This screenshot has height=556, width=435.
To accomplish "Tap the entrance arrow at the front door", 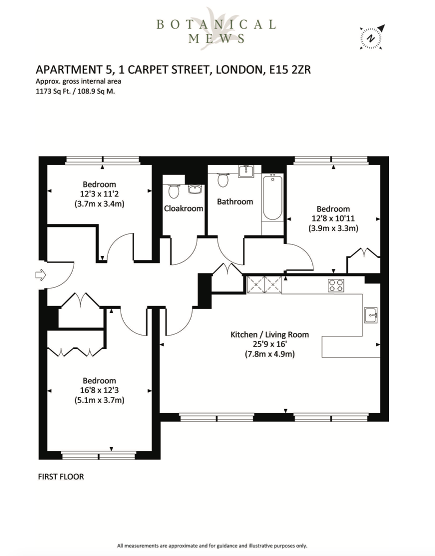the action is pos(41,275).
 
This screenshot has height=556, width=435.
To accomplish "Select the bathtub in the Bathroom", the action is pos(273,197).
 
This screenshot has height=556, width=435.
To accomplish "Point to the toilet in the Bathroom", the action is pos(223,179).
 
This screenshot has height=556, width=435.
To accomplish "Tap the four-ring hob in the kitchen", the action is pos(336,285).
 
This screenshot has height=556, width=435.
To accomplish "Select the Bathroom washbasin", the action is pos(246,171).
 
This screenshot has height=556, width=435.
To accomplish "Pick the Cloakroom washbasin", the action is pos(195,189).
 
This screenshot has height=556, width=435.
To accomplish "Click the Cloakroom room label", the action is pos(184,208).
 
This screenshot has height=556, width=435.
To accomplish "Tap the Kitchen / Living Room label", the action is pos(269,334).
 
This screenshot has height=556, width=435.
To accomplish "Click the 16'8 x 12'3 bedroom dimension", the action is pos(100,390).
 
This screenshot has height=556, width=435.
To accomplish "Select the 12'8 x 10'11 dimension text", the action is pos(333,218).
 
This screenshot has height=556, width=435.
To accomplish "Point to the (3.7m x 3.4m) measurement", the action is pos(100,204).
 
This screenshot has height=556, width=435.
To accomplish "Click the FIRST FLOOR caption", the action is pos(61,476).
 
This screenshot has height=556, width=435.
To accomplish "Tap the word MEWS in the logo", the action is pos(217,38).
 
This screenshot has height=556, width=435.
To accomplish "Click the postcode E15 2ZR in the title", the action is pos(290,69).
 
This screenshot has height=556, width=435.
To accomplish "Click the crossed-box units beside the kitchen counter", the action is pos(264,284).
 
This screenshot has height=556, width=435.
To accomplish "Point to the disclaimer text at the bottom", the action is pos(212,545).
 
